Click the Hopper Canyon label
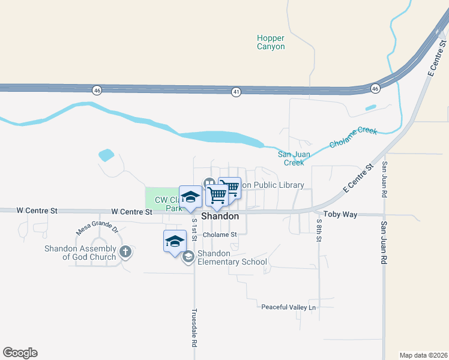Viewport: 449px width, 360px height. coord(271,42)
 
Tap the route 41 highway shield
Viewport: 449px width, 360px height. coord(236,91)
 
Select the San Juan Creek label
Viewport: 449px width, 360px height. coord(294,158)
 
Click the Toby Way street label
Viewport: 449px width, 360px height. coord(340,214)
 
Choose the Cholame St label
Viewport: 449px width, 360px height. coord(220,235)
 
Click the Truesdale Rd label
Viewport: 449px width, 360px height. coord(194,329)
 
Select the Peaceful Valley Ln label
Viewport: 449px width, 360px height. coord(288,307)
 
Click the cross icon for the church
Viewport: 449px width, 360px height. coord(125,252)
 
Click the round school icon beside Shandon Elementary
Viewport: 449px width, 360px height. coord(188,257)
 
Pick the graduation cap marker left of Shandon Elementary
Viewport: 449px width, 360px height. coord(175,241)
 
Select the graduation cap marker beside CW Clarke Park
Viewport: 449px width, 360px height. coord(190,197)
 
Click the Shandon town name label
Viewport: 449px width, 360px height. coord(220,216)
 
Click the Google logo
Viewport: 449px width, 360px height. coord(20,353)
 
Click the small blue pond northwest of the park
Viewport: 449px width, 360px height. coord(106,155)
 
